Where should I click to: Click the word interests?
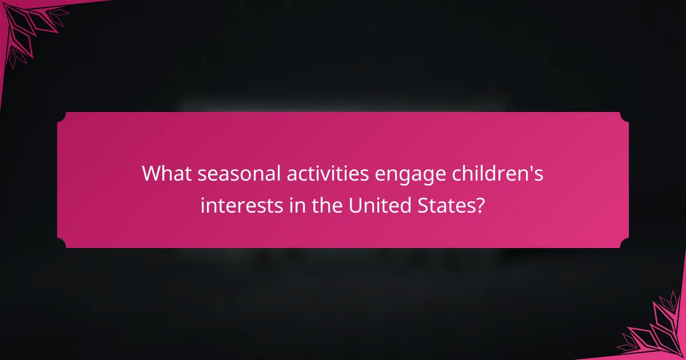tap(238, 204)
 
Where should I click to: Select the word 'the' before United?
tap(323, 204)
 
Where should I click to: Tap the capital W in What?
tap(152, 173)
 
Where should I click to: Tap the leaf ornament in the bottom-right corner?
tap(657, 331)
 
